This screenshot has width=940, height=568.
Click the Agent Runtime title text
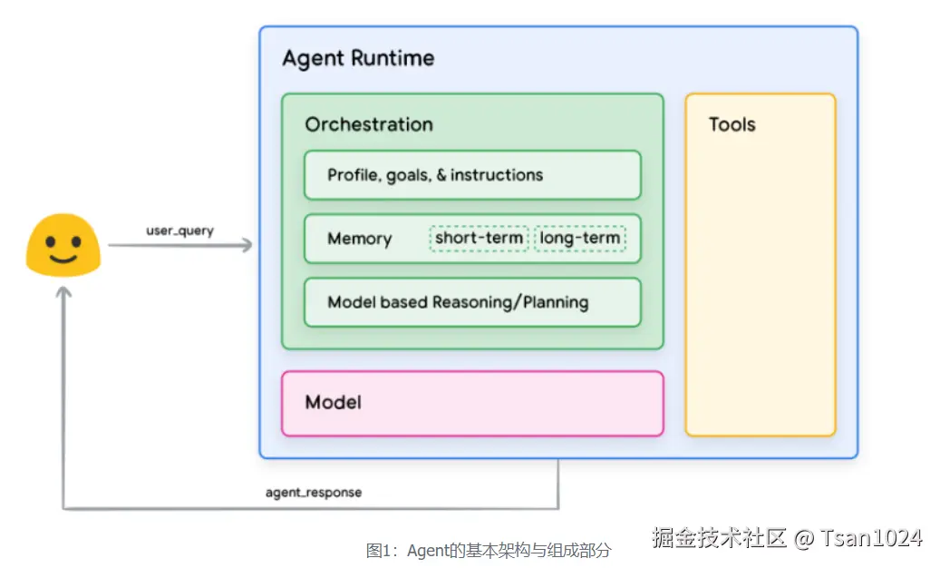tap(358, 59)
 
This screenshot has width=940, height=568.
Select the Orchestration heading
tap(368, 124)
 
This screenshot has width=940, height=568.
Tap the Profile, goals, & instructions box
tap(472, 175)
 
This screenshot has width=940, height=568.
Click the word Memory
tap(359, 239)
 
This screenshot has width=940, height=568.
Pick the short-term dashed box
tap(479, 239)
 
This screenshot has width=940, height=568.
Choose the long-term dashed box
tap(580, 239)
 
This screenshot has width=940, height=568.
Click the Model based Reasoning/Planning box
tap(472, 302)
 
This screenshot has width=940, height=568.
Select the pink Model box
tap(472, 403)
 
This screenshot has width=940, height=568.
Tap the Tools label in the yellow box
tap(732, 124)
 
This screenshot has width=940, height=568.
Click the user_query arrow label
tap(179, 230)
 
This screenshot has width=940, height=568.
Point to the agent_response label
tap(313, 493)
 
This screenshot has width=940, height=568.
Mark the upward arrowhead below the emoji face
tap(63, 293)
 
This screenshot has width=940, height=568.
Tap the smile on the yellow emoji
tap(63, 259)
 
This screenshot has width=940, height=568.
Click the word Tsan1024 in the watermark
tap(872, 538)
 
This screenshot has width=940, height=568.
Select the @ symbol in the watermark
tap(803, 539)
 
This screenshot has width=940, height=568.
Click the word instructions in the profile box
tap(497, 175)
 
